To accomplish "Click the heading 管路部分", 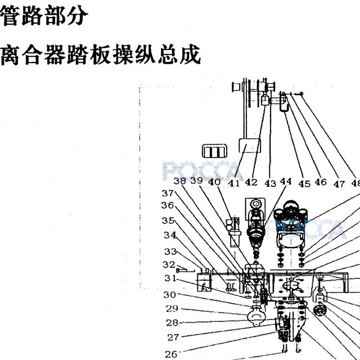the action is (x=44, y=16).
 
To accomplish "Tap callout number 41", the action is (x=234, y=183).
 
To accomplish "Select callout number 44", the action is (x=286, y=181).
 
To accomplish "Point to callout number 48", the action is (x=356, y=183).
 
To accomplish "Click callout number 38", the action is (x=180, y=181).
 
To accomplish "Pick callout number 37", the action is (x=168, y=193).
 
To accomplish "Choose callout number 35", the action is (x=168, y=220).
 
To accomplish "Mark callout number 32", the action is (x=169, y=265).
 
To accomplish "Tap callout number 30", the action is (x=169, y=295).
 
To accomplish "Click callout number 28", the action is (x=172, y=323).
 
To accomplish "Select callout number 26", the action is (x=171, y=354).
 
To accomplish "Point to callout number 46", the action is (x=321, y=182).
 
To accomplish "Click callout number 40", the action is (x=214, y=182).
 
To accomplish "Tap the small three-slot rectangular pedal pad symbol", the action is (x=215, y=151).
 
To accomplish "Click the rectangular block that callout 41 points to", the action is (x=250, y=146).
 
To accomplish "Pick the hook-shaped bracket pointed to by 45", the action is (x=283, y=102).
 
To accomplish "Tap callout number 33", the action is (x=170, y=252).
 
